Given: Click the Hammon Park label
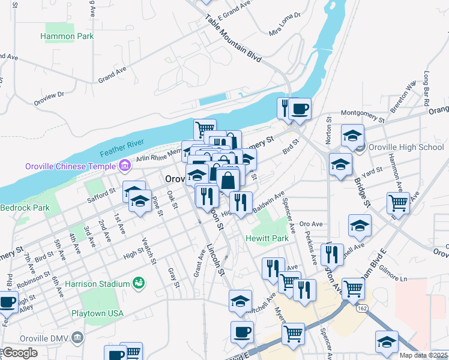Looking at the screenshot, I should tap(67, 36).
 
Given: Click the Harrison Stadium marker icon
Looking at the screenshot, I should tap(139, 281).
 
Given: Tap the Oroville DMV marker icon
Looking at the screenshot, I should tap(77, 337).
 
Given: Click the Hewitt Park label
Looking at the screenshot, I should tap(267, 238).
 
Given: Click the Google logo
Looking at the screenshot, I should tap(19, 353).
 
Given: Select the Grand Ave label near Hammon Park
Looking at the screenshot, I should tap(112, 74).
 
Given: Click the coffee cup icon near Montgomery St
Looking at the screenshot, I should tap(300, 109).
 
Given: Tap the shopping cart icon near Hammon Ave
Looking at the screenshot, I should tap(398, 203).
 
